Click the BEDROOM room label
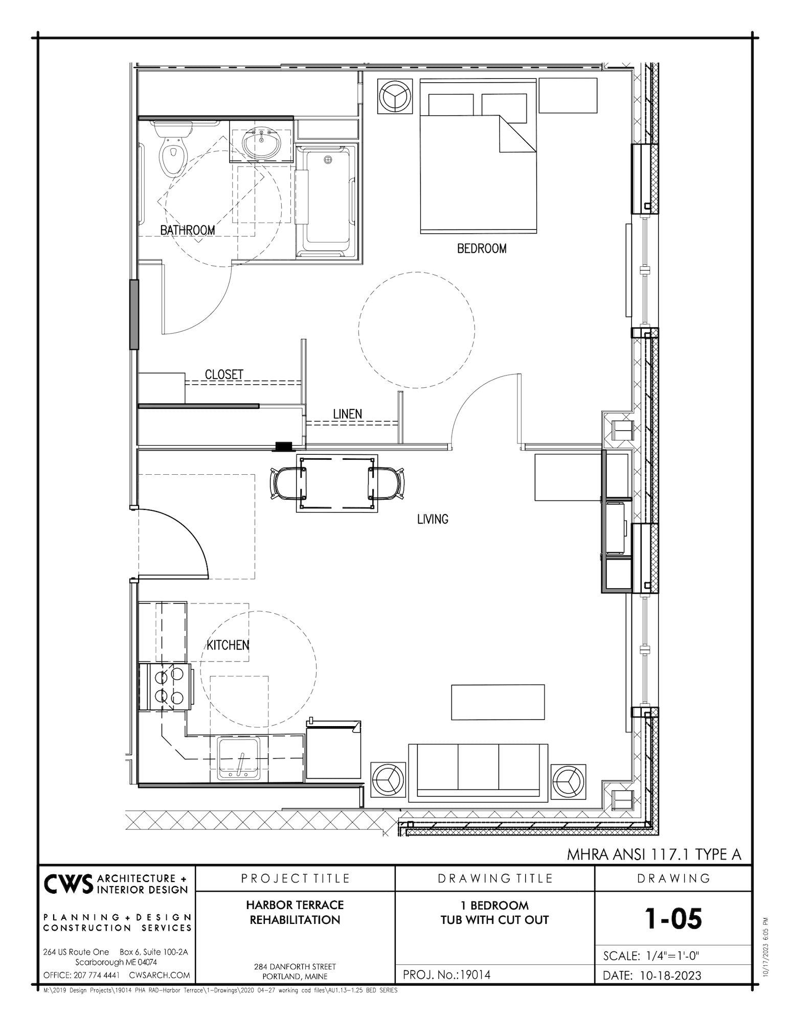[x=482, y=249]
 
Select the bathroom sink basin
[x=261, y=144]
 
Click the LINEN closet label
[x=348, y=414]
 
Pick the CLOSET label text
[x=224, y=375]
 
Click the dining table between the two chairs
[x=337, y=483]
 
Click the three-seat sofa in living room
[x=478, y=772]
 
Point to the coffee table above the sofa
[x=498, y=702]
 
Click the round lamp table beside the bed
[x=395, y=96]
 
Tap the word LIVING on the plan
[x=433, y=519]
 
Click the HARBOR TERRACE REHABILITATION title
[x=295, y=912]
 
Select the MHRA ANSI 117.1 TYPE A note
[x=653, y=854]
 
